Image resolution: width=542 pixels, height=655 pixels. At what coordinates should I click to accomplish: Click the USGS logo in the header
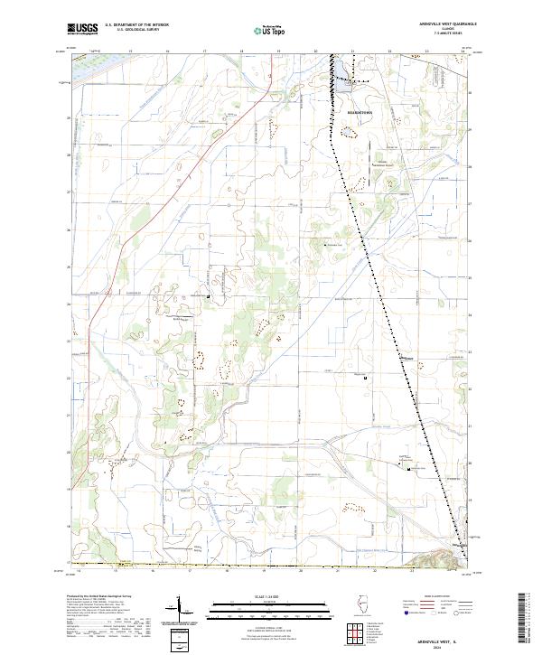tap(83, 29)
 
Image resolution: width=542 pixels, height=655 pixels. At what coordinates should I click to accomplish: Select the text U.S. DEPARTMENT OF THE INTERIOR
tap(136, 25)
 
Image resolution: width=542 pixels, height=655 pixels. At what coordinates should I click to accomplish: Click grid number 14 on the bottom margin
tap(80, 571)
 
